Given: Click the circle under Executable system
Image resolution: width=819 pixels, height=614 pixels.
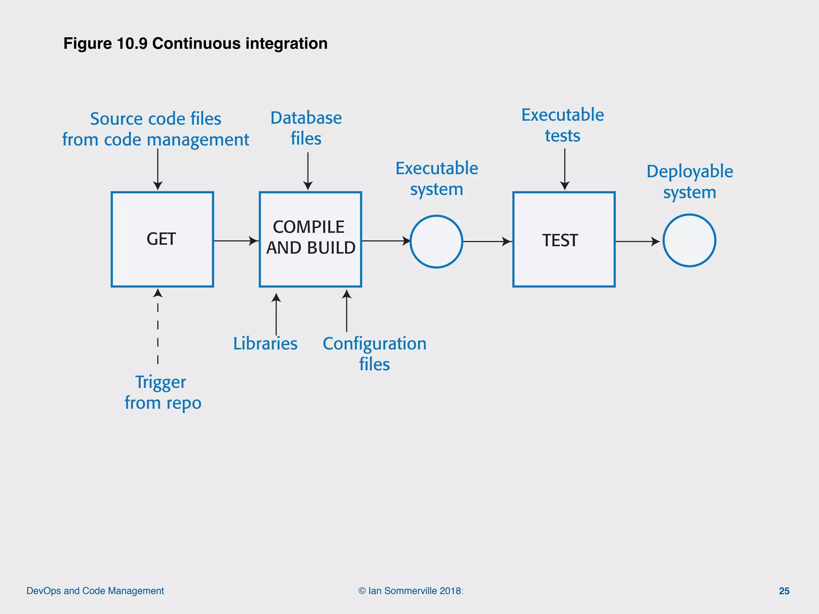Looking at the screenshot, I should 436,241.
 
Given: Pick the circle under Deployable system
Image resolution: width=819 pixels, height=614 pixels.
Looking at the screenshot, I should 689,241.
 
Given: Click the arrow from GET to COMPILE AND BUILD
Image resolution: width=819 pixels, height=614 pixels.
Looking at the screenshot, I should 236,241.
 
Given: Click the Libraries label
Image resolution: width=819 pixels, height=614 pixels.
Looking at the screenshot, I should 265,344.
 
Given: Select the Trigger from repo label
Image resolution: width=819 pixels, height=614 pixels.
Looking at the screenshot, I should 162,393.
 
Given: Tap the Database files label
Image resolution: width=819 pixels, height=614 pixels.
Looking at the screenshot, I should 306,128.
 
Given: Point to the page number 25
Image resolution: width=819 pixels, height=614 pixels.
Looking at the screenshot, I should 784,591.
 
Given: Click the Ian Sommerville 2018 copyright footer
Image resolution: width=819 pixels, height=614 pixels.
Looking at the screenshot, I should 411,591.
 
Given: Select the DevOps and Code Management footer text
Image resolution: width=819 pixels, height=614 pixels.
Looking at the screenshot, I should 95,591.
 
